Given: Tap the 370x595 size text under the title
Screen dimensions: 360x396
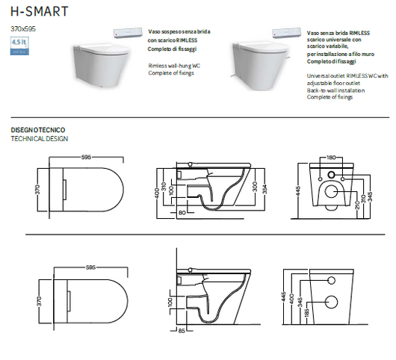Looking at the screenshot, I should [x=23, y=28].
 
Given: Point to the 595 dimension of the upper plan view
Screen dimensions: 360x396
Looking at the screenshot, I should [x=87, y=158].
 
